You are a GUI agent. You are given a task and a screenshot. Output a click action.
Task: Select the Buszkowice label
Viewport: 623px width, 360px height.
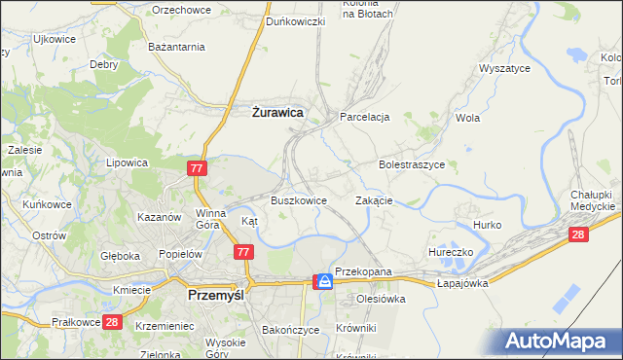click(298, 200)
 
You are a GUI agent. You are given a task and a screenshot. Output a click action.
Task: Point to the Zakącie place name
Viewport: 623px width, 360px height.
click(374, 200)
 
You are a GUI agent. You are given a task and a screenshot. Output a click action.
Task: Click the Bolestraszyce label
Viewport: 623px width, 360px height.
click(411, 165)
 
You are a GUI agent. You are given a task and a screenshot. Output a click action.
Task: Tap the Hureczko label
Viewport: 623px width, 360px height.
click(450, 252)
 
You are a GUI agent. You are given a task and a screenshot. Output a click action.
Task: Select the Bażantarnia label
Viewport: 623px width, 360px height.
click(175, 47)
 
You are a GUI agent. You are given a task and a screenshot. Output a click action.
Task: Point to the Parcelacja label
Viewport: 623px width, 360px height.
click(364, 117)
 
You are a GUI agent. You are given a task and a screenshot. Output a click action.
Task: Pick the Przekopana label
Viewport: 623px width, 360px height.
click(362, 271)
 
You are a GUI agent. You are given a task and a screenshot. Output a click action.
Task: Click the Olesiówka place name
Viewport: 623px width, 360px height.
click(380, 299)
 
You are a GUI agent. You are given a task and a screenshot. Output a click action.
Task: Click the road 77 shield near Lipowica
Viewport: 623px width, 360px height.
click(198, 169)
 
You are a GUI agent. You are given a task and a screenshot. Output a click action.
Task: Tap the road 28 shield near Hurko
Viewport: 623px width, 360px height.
click(579, 234)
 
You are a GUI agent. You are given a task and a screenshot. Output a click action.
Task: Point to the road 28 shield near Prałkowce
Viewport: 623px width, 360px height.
click(112, 322)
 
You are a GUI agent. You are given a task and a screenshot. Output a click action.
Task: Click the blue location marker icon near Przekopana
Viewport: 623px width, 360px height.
click(323, 281)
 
